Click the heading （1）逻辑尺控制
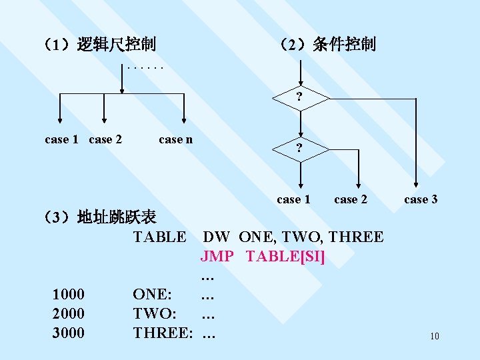(99, 45)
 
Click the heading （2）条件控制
(327, 45)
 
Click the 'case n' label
(176, 139)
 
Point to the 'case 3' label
(421, 199)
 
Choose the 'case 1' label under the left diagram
(61, 139)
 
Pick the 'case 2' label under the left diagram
(105, 139)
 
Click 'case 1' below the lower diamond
(293, 199)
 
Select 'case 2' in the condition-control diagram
(351, 199)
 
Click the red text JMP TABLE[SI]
(262, 256)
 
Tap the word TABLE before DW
(159, 237)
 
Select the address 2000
(68, 313)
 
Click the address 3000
(68, 332)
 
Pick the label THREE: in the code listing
(163, 332)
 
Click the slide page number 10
(435, 336)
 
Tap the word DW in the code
(217, 237)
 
